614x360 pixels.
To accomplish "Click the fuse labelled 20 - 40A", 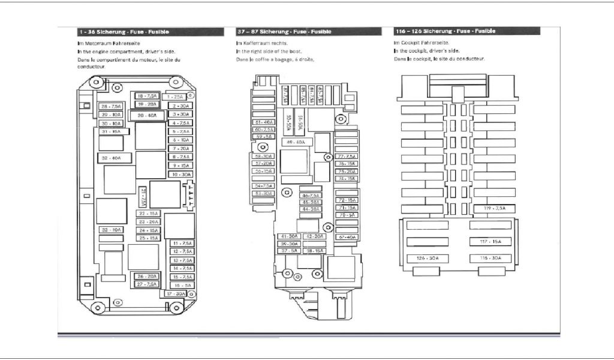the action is (x=146, y=115).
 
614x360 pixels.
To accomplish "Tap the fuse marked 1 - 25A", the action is (x=176, y=97).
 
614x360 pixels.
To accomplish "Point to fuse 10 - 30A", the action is (x=180, y=174).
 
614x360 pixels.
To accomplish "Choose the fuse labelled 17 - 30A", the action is (x=176, y=294).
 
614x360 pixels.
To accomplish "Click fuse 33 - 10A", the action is (x=110, y=230).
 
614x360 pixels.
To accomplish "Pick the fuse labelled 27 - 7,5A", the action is (x=146, y=284).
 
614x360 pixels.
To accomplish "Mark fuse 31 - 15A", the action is (x=110, y=131).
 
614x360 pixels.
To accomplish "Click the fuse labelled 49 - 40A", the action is (x=296, y=142).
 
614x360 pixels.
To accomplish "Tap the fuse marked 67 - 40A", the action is (x=347, y=238).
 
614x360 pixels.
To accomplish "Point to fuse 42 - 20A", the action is (x=314, y=236).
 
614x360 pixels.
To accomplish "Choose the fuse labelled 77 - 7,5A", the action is (x=347, y=156).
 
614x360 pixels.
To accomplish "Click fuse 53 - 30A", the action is (x=263, y=194).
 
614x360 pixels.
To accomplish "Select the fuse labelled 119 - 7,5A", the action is (x=494, y=208).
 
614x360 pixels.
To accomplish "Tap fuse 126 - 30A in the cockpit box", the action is (x=427, y=258).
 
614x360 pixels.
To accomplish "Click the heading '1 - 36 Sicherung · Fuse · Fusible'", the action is (x=124, y=31).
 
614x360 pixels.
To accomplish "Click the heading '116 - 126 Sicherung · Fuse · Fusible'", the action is (x=445, y=31).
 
